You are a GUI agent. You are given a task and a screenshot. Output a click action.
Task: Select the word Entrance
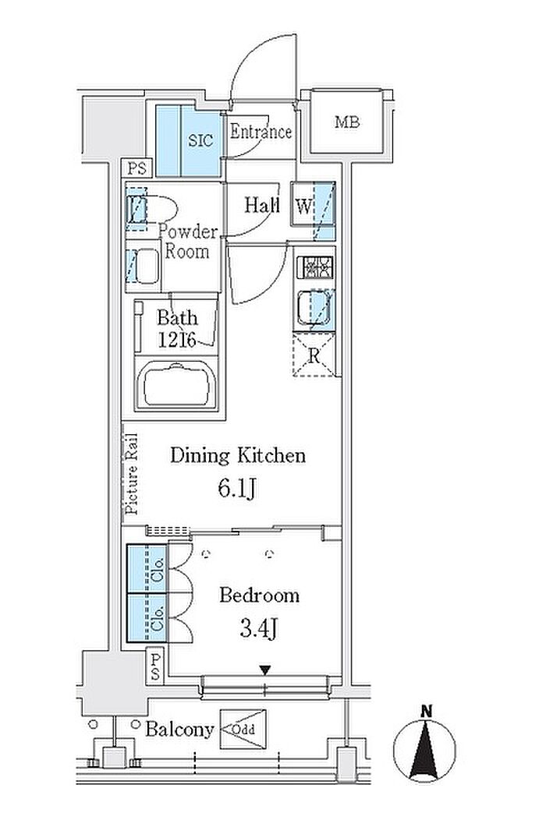pos(261,132)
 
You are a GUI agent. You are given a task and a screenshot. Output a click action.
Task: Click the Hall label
pos(262,206)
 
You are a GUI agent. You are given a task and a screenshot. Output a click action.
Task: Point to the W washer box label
pos(302,207)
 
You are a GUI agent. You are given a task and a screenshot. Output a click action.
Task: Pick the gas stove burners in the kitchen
pos(317,267)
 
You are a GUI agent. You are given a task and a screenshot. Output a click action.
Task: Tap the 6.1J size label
pos(237,489)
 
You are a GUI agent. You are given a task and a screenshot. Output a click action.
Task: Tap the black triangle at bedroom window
pos(265,670)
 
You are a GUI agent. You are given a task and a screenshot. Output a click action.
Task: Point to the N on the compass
pos(426,711)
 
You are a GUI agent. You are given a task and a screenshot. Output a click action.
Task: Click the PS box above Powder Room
pos(137,168)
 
